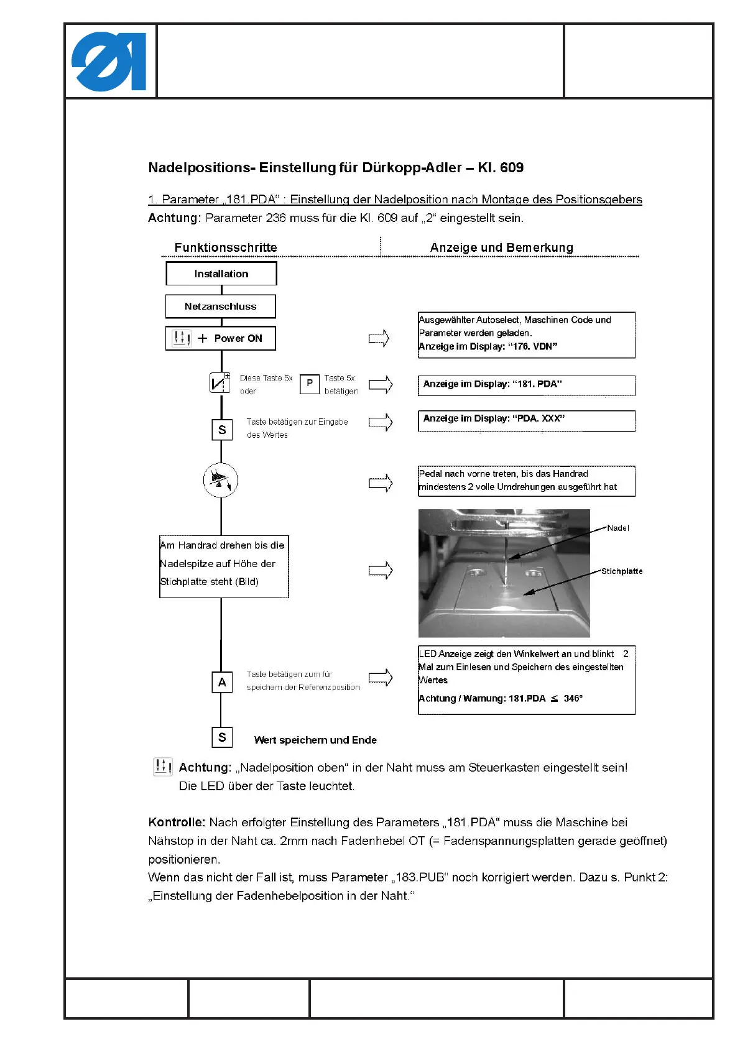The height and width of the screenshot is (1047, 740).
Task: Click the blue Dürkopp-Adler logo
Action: [x=109, y=62]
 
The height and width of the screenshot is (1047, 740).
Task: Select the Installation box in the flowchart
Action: [x=221, y=274]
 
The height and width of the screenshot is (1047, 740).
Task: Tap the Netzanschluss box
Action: [x=220, y=306]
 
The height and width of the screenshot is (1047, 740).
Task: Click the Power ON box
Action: [x=220, y=338]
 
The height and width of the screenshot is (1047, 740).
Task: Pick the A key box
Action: [x=222, y=682]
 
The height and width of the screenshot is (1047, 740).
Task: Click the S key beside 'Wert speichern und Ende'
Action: [x=222, y=737]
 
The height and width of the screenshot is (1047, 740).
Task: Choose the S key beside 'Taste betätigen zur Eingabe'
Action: [x=222, y=430]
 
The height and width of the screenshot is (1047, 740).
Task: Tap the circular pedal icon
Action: [x=221, y=480]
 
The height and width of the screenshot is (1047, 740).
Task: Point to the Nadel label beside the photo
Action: [x=618, y=528]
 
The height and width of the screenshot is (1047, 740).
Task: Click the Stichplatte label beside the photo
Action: [x=622, y=571]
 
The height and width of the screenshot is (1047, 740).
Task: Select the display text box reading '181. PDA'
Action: [x=526, y=385]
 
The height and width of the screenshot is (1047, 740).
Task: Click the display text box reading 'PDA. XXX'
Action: [x=526, y=420]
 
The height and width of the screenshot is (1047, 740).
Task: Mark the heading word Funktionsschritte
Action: [x=226, y=247]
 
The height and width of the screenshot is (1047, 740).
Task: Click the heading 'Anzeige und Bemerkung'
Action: [x=501, y=247]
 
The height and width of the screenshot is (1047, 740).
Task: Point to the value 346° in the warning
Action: [x=573, y=698]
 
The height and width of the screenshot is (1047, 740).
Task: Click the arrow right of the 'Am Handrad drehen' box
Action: [x=381, y=570]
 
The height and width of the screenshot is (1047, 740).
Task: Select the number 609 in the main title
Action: [x=512, y=167]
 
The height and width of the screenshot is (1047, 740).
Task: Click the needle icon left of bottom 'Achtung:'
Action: [x=162, y=766]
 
